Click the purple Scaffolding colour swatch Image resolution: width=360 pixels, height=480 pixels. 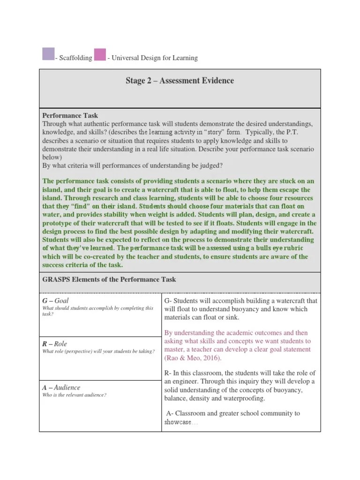click(x=48, y=54)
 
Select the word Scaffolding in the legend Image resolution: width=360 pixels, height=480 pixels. click(x=75, y=58)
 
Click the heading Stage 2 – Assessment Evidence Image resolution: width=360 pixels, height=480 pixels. click(x=180, y=81)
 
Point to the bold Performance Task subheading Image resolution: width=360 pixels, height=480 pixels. click(x=70, y=115)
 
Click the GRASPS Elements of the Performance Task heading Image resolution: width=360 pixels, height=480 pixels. click(x=109, y=279)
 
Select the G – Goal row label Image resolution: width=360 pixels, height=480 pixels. click(x=55, y=300)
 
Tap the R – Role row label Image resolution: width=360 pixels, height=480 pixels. click(x=55, y=344)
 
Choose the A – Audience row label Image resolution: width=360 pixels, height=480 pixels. click(x=61, y=387)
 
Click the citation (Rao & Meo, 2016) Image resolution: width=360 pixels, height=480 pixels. click(x=193, y=358)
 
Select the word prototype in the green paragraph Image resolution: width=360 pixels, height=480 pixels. click(x=58, y=223)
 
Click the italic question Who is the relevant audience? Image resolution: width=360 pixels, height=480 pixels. click(x=75, y=395)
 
